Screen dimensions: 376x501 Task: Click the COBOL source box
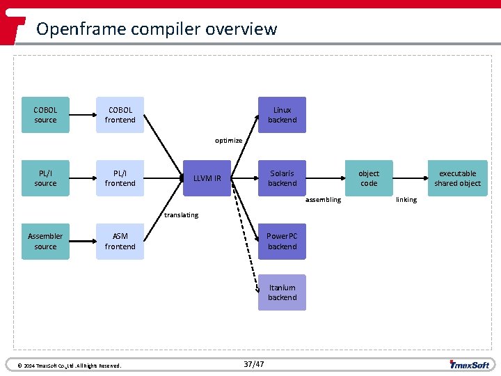[45, 115]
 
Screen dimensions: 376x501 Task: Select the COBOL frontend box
[120, 115]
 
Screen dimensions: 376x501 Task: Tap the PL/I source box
[45, 178]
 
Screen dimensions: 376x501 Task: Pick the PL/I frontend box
[120, 178]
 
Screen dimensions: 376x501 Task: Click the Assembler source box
[45, 241]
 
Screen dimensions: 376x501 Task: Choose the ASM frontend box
[120, 241]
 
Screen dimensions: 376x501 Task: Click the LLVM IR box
[207, 178]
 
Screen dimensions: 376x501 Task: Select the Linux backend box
[282, 115]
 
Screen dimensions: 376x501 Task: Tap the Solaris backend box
[282, 178]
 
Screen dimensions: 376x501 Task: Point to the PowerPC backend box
[282, 241]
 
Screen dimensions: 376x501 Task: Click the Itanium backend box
[282, 292]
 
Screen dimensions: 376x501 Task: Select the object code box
[369, 178]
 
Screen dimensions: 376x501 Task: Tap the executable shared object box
[457, 178]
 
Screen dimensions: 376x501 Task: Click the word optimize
[229, 141]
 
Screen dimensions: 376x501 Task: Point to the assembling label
[324, 200]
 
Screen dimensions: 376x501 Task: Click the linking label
[406, 200]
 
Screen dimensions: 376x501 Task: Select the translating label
[181, 214]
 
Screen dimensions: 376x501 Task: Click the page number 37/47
[254, 364]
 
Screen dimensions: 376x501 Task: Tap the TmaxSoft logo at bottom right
[470, 364]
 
